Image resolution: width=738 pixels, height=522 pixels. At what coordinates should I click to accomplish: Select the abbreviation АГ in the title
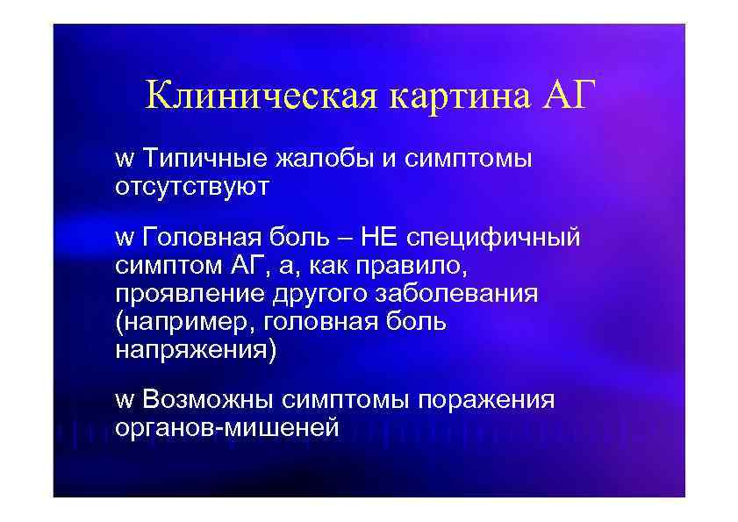(568, 94)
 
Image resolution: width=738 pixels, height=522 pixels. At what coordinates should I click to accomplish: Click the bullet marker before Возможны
(124, 401)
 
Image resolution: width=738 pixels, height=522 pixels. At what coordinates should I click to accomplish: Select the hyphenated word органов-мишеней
(226, 426)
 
